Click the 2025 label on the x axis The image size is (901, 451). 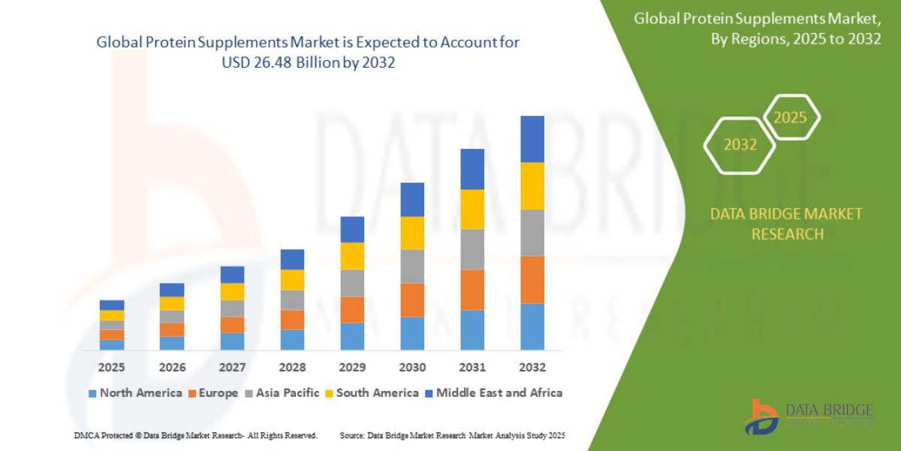112,368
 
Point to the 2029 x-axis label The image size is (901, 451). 352,368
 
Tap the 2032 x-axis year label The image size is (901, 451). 532,368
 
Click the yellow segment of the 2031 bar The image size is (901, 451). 472,209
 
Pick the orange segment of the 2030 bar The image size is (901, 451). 412,300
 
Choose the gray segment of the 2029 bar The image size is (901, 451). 352,283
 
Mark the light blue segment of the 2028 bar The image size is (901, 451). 292,340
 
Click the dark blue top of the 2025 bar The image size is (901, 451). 112,305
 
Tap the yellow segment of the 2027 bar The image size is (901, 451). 232,292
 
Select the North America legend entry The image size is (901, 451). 135,392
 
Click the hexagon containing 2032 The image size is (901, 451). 740,145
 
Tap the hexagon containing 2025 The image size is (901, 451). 790,117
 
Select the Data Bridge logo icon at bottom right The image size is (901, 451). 761,416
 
